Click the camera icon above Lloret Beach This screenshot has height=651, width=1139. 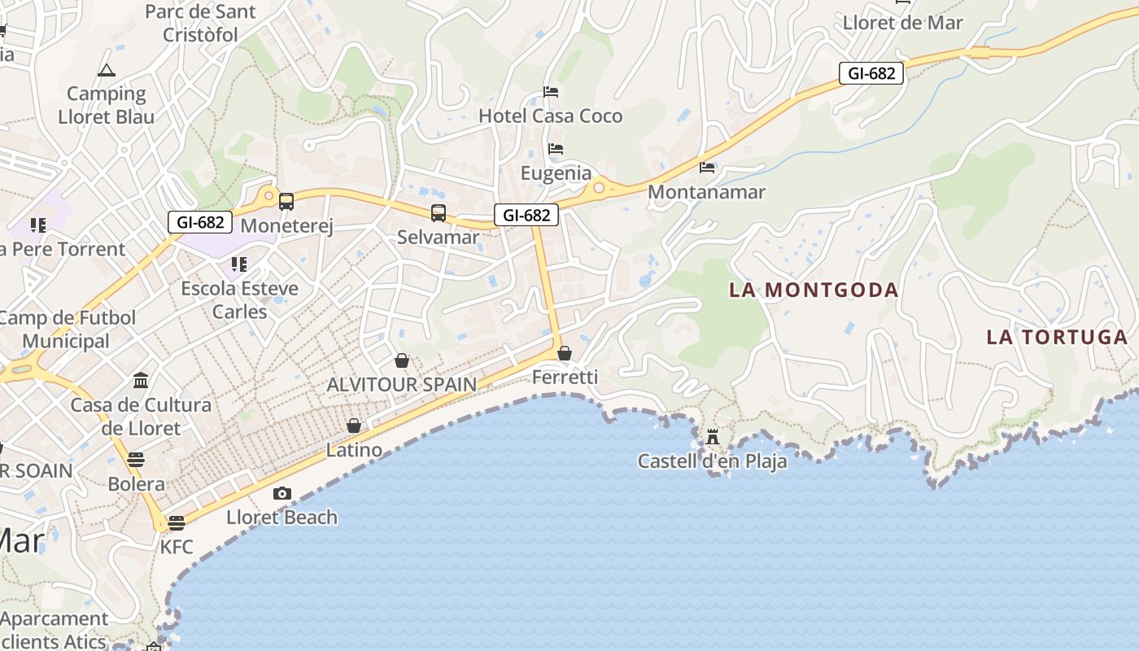(x=282, y=493)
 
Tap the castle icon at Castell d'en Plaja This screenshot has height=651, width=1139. (x=713, y=437)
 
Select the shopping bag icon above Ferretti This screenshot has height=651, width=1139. (x=565, y=353)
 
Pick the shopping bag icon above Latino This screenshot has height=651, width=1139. (x=354, y=426)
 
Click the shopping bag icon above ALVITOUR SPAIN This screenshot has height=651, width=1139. (x=401, y=360)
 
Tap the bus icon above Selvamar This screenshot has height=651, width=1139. (x=439, y=213)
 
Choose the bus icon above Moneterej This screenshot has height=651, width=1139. (x=286, y=202)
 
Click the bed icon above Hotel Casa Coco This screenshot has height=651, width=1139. (x=551, y=92)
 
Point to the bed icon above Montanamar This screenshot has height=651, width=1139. (x=707, y=168)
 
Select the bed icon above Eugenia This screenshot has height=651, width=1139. (x=556, y=149)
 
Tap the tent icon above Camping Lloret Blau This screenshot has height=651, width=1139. (x=107, y=71)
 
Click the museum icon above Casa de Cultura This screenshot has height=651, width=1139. (x=141, y=381)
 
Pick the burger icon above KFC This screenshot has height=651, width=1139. (x=177, y=522)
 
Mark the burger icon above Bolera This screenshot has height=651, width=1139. (x=136, y=460)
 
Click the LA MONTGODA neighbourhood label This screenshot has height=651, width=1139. (x=814, y=290)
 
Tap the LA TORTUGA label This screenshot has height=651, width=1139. (x=1057, y=337)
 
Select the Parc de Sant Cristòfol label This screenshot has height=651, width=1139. (x=200, y=24)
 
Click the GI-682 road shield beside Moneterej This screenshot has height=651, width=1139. (x=200, y=221)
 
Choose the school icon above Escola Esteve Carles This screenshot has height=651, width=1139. (x=238, y=264)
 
